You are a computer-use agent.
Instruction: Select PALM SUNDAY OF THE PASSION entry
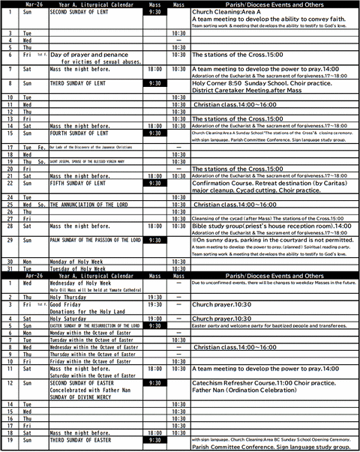click(94, 240)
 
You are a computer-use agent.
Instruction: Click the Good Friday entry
click(67, 306)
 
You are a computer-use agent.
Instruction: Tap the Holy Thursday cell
click(67, 297)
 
